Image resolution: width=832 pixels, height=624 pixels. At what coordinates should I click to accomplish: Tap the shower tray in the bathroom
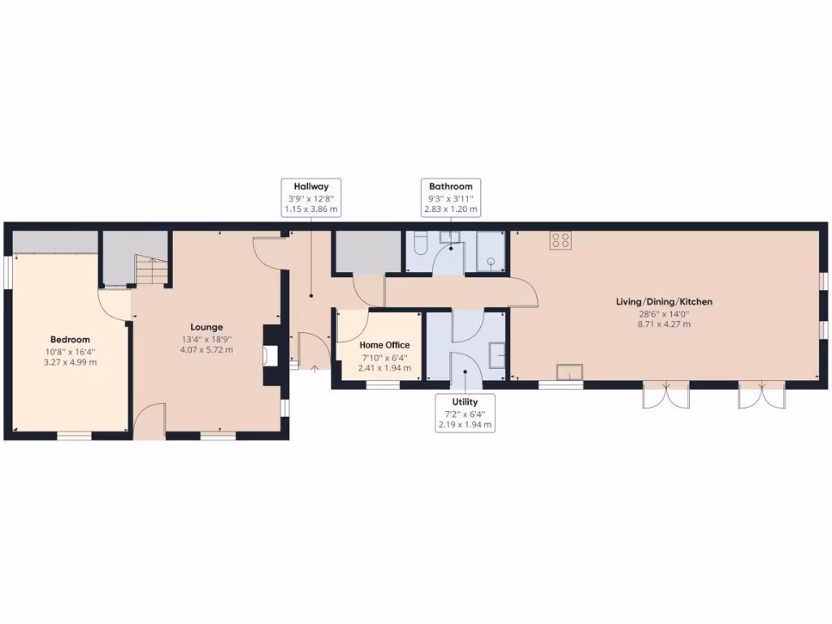[490, 253]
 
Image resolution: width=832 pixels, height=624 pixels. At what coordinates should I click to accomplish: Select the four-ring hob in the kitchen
[561, 240]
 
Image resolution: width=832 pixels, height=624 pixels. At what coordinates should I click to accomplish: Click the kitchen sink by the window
[569, 372]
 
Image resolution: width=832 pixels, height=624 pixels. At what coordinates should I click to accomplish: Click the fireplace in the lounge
[270, 354]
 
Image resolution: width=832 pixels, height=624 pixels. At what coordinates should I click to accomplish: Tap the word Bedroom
[70, 340]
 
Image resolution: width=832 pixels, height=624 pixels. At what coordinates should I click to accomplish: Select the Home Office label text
[384, 345]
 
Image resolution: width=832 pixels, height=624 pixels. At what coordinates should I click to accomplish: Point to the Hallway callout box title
[310, 187]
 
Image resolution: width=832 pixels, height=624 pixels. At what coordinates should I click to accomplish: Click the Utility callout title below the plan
[465, 402]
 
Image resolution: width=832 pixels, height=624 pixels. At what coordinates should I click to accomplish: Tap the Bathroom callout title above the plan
[450, 187]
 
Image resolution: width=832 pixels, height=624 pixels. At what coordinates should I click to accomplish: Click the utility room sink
[496, 356]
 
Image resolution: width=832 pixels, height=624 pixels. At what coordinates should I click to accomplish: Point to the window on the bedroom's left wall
[7, 272]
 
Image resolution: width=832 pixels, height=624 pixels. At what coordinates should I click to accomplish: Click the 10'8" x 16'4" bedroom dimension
[70, 352]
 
